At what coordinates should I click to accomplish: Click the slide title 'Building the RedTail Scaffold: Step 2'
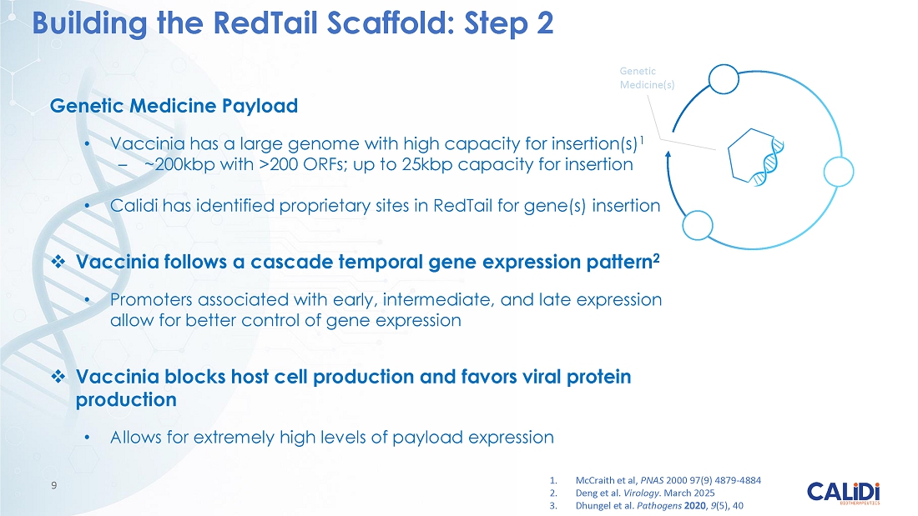click(293, 23)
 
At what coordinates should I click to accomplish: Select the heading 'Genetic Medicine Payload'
click(174, 106)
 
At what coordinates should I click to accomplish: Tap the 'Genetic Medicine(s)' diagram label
click(647, 78)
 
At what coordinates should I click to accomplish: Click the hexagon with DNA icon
click(755, 157)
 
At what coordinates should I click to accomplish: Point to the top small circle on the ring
click(724, 79)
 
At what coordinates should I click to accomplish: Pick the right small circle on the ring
click(839, 172)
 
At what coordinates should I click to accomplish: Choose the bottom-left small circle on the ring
click(698, 224)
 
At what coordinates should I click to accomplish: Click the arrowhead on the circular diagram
click(668, 155)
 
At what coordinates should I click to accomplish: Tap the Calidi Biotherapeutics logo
click(843, 493)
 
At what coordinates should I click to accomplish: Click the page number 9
click(54, 485)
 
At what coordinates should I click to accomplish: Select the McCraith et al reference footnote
click(655, 480)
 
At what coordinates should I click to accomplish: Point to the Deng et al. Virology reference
click(632, 493)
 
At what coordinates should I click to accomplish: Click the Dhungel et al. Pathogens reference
click(646, 505)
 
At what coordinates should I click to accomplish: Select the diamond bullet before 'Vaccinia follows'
click(58, 262)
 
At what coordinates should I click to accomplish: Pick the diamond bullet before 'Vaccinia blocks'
click(58, 376)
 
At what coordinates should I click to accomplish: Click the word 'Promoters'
click(150, 299)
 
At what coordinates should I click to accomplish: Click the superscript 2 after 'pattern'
click(656, 258)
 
